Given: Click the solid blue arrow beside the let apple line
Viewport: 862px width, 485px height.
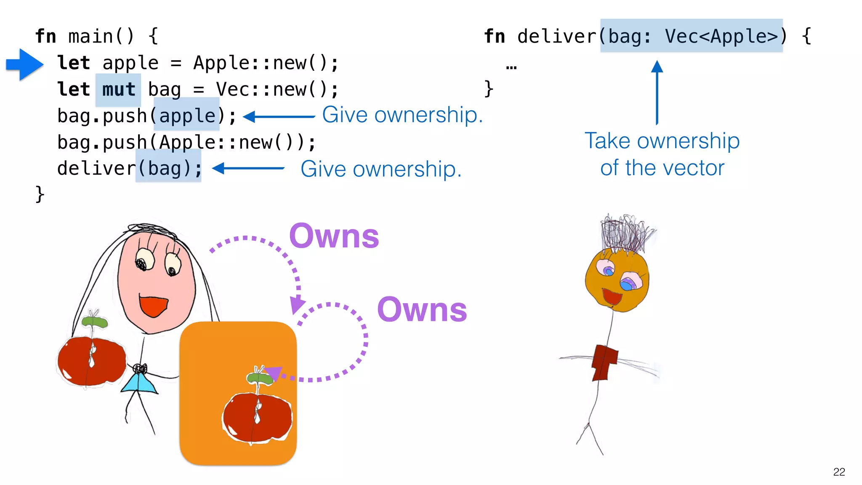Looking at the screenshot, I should click(x=24, y=64).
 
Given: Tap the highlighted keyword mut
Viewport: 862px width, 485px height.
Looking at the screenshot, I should click(x=118, y=90).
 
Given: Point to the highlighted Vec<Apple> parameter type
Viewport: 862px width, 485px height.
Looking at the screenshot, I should click(x=721, y=36).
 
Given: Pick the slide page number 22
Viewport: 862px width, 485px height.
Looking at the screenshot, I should click(x=839, y=472).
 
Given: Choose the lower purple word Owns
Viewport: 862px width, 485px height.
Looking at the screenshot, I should click(x=422, y=310).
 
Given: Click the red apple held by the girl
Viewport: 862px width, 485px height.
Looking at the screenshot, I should click(x=91, y=361).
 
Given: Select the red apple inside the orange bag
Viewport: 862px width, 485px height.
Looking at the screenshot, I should click(x=257, y=417).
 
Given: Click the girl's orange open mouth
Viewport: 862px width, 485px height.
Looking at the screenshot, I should click(x=153, y=306).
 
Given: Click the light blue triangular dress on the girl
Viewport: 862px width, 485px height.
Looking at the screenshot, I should click(x=140, y=384).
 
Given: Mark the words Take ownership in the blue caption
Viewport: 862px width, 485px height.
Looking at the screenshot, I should click(x=662, y=141).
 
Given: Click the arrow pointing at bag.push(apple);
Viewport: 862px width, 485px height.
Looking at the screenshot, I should click(x=279, y=117).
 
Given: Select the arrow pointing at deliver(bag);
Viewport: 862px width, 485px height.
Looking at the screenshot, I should click(x=248, y=168).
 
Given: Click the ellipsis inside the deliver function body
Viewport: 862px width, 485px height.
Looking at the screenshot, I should click(x=511, y=67).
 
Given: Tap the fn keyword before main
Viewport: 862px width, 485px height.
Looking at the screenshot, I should click(x=45, y=36).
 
